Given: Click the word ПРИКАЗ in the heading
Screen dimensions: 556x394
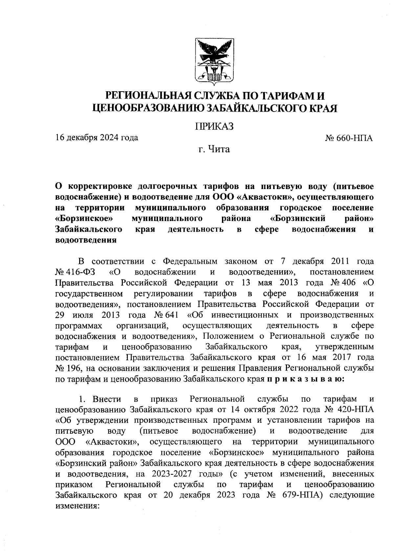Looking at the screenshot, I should coord(214,126).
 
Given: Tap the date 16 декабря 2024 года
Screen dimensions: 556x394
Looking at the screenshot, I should coord(97,138).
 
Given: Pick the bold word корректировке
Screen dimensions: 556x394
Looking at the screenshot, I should coord(99,186).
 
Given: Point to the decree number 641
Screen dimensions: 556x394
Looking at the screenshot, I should coord(170,315).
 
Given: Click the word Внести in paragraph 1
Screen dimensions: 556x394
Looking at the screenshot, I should coord(107,399).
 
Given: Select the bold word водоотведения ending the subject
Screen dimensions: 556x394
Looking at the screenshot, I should coord(86,240).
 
